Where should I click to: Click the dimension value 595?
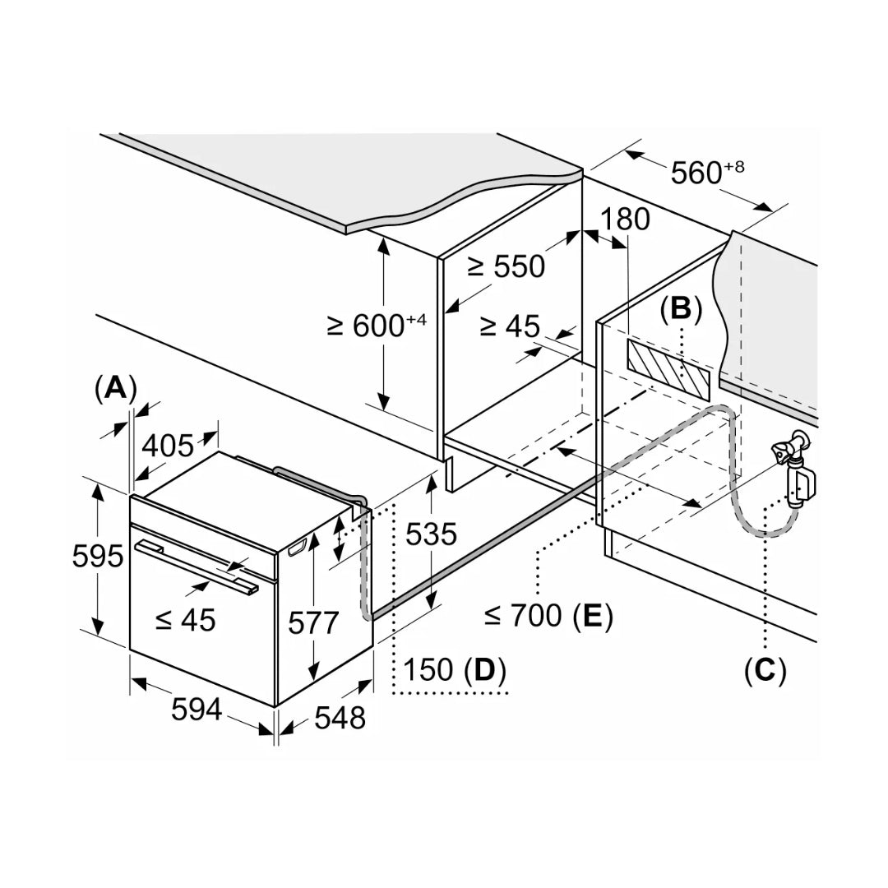click(x=98, y=557)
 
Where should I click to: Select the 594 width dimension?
click(x=197, y=709)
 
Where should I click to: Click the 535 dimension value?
click(x=431, y=534)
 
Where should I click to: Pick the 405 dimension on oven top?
click(x=169, y=446)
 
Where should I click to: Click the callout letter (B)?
click(x=681, y=308)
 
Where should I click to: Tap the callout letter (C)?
click(x=765, y=671)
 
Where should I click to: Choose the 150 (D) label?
click(x=450, y=670)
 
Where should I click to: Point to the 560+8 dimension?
click(x=707, y=173)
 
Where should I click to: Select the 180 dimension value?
click(x=625, y=220)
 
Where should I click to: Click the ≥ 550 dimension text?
click(x=506, y=266)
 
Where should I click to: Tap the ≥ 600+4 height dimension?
click(x=377, y=326)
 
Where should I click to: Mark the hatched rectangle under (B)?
click(x=667, y=368)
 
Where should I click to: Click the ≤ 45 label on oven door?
click(x=185, y=619)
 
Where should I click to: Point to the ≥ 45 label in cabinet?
click(x=510, y=326)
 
